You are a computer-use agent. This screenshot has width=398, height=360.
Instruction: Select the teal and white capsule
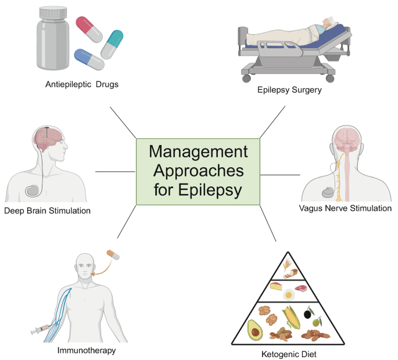coord(112,44)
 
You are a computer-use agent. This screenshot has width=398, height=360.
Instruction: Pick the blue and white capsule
coord(89,59)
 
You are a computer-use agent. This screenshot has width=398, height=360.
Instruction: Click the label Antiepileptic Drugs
coord(82,84)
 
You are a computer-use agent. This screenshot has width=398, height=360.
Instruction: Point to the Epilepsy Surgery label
coord(289,90)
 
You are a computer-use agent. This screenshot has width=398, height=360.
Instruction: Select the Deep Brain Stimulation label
coord(47,210)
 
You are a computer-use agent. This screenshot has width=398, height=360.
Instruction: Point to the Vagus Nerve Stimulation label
coord(345,208)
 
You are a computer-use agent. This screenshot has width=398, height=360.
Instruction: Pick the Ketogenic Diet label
coord(290,352)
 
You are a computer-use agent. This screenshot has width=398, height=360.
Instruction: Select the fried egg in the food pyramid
coord(288,294)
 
